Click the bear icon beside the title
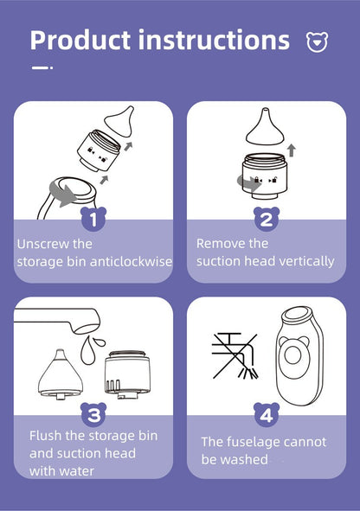[317, 42]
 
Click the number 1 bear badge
[93, 219]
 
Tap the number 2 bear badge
[267, 219]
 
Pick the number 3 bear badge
[93, 414]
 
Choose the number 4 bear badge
[267, 414]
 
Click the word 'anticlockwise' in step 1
[131, 261]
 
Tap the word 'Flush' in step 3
[46, 436]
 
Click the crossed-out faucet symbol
[235, 356]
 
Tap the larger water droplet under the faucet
[88, 352]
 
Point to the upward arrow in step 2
[292, 151]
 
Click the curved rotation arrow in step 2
[248, 183]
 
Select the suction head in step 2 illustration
[266, 127]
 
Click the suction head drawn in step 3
[60, 374]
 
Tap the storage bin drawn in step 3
[127, 374]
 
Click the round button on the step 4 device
[292, 355]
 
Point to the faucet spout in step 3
[57, 320]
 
